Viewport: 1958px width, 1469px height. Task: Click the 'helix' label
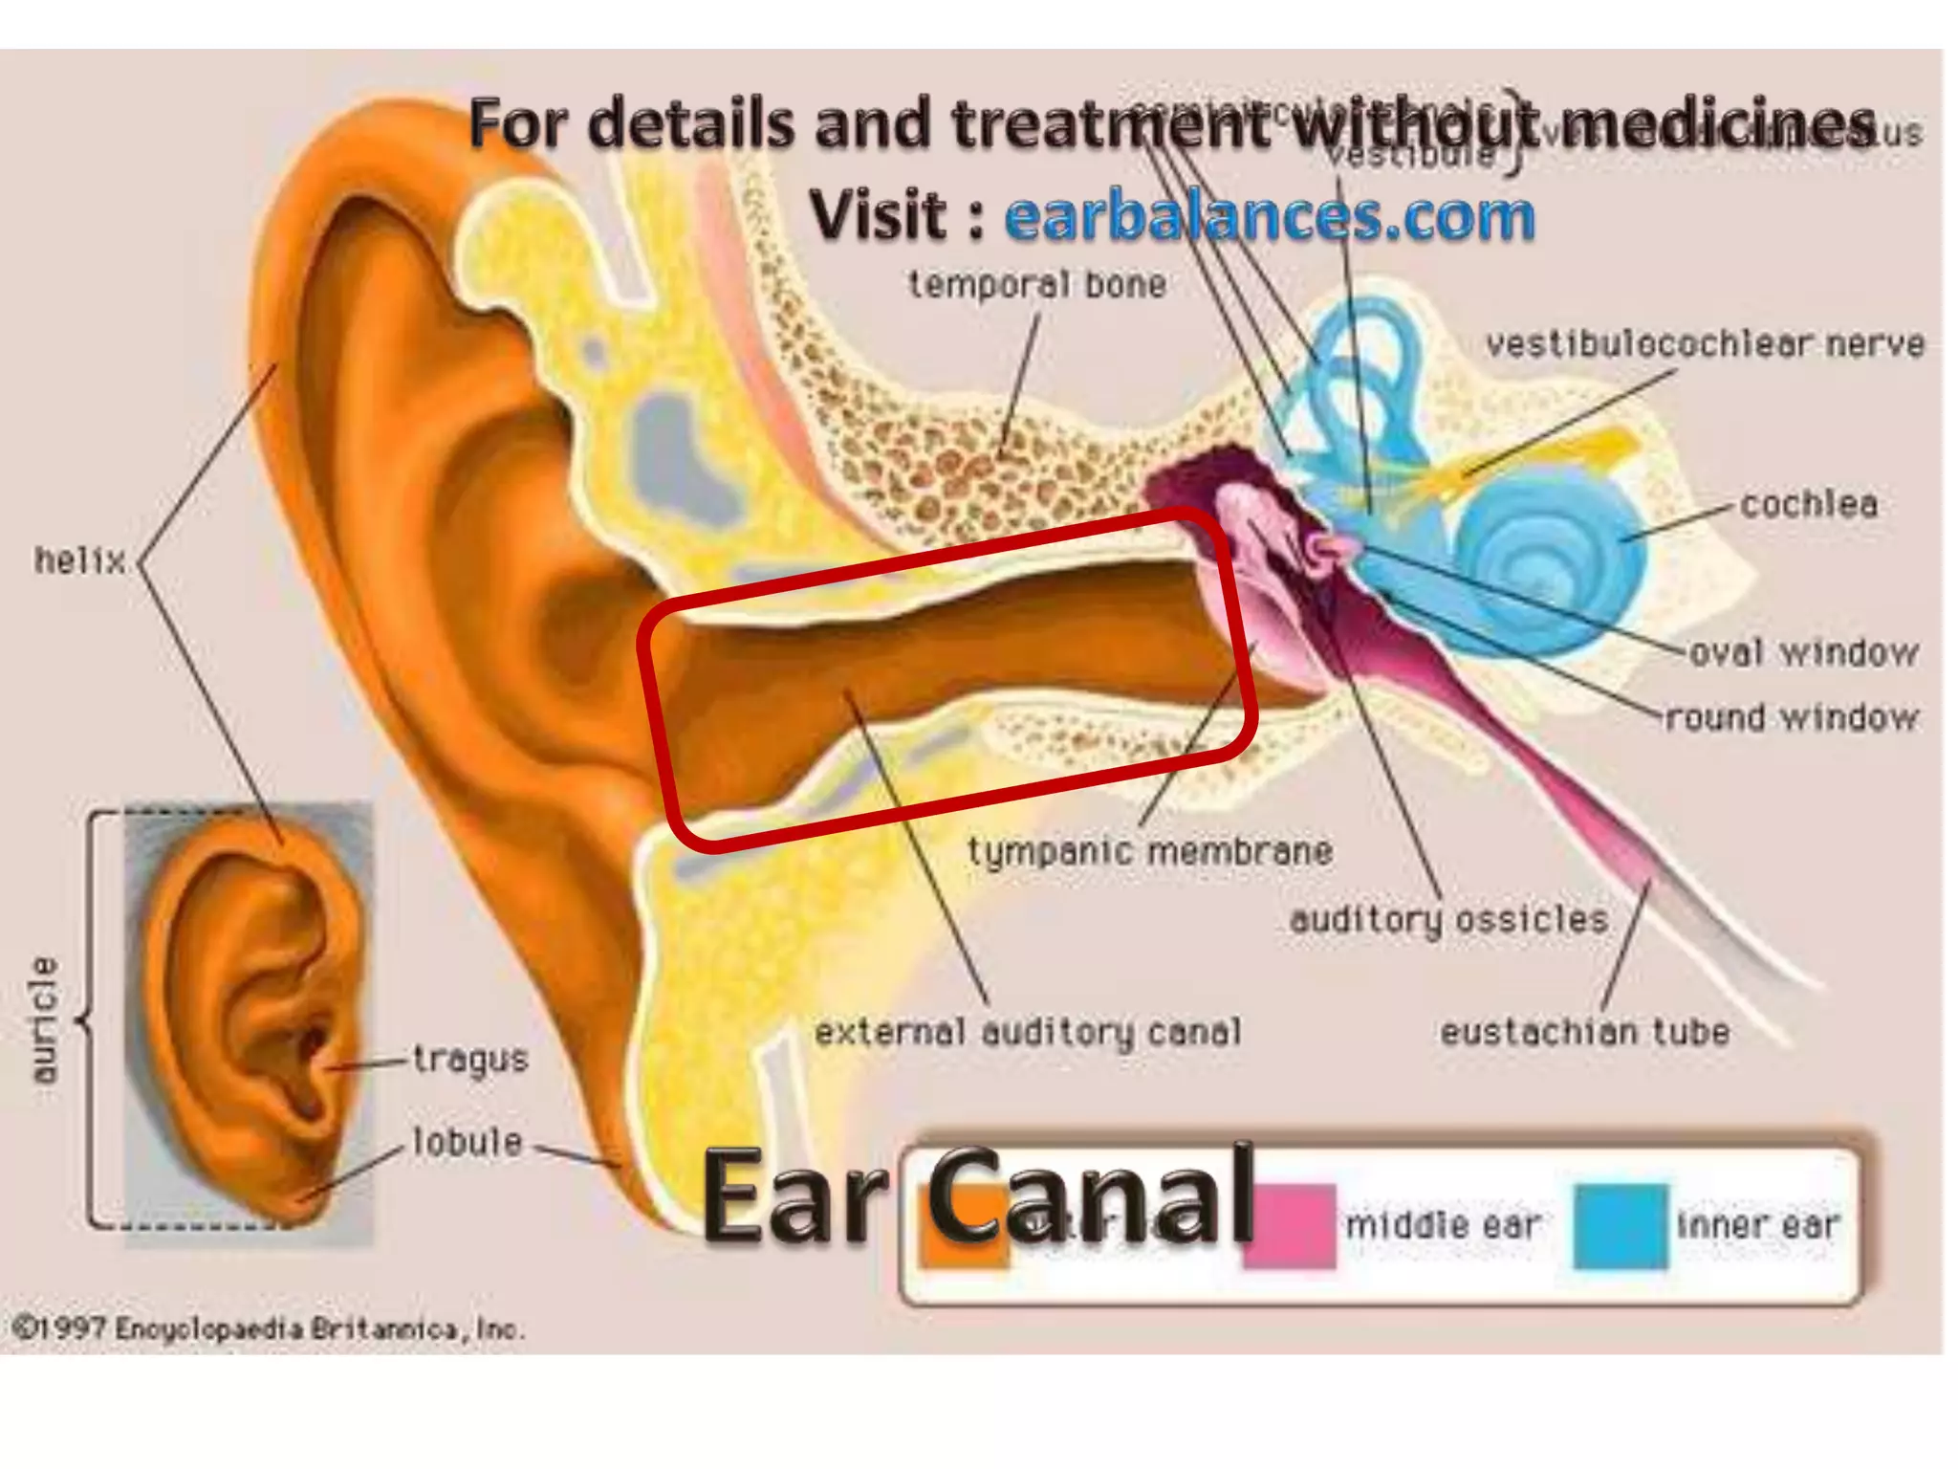(x=80, y=560)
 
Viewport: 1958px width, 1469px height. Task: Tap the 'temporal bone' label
(x=1037, y=284)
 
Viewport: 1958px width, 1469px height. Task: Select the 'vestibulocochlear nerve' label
(x=1705, y=344)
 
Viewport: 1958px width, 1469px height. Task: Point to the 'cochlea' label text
(x=1808, y=504)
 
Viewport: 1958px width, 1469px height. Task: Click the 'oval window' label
(x=1804, y=653)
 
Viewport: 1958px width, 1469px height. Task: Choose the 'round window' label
(x=1792, y=717)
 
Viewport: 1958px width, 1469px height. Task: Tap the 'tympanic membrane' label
(x=1150, y=851)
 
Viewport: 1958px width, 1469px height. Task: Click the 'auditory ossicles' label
(x=1448, y=919)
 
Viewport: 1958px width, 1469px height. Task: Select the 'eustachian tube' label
(x=1584, y=1032)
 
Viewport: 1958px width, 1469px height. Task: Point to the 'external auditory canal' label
(x=1028, y=1032)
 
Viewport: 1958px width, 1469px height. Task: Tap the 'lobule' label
(x=468, y=1142)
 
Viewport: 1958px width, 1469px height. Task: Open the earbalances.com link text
(x=1270, y=216)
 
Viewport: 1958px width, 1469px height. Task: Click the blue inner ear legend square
(x=1621, y=1226)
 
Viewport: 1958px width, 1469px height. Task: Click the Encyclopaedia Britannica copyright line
(x=269, y=1328)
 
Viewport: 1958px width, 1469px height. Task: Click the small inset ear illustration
(x=249, y=1023)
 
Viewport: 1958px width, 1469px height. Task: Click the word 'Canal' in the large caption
(x=1090, y=1197)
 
